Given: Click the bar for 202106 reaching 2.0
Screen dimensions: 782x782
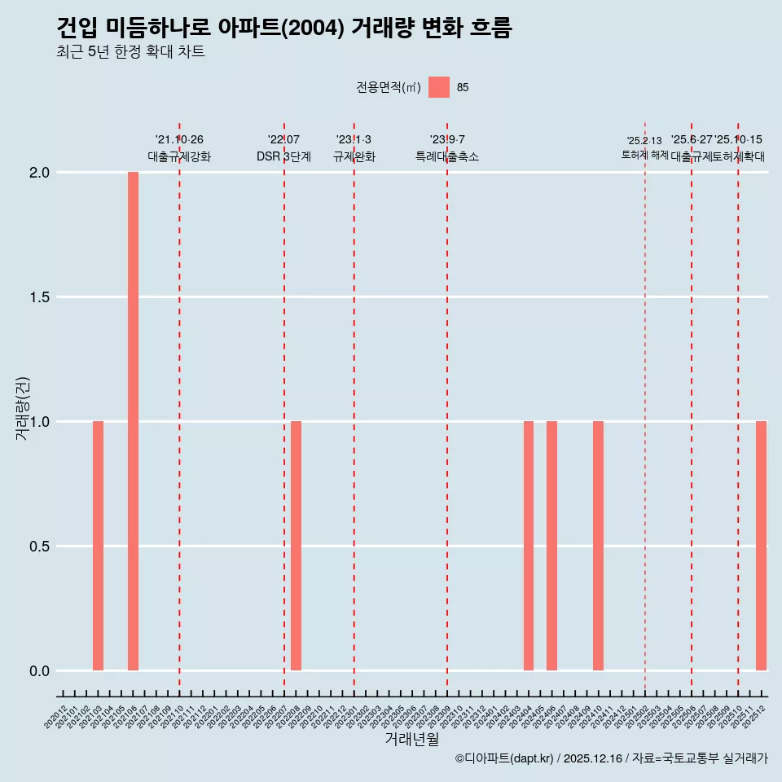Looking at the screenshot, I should pyautogui.click(x=133, y=421).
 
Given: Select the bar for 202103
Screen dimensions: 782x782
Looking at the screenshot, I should pyautogui.click(x=98, y=546).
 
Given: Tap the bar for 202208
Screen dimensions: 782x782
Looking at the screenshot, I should pyautogui.click(x=296, y=546).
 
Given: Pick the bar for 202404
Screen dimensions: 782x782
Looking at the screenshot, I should pyautogui.click(x=529, y=546).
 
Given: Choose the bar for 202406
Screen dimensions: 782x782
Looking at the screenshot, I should pyautogui.click(x=551, y=546).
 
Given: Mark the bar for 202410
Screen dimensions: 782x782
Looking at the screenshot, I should pyautogui.click(x=598, y=546).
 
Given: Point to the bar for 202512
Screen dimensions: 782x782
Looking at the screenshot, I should pyautogui.click(x=761, y=546).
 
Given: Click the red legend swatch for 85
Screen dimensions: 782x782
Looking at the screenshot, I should pyautogui.click(x=439, y=87).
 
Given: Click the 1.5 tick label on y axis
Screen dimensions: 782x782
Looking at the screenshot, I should pyautogui.click(x=39, y=297).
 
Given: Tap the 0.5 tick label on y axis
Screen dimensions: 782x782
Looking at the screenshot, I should pyautogui.click(x=39, y=547).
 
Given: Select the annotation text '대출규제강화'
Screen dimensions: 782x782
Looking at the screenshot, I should pyautogui.click(x=179, y=156).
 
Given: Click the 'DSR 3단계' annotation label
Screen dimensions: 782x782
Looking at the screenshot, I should pyautogui.click(x=283, y=156).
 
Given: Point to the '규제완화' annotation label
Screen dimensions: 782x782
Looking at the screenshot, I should pyautogui.click(x=354, y=156).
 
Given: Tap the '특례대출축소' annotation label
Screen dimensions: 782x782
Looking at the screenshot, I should pyautogui.click(x=446, y=156).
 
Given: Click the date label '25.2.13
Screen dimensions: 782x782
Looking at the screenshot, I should pyautogui.click(x=644, y=141).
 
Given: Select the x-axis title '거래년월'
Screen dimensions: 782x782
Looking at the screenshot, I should pyautogui.click(x=411, y=739).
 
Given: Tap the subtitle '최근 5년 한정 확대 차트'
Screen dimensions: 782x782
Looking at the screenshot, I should pyautogui.click(x=130, y=52).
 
